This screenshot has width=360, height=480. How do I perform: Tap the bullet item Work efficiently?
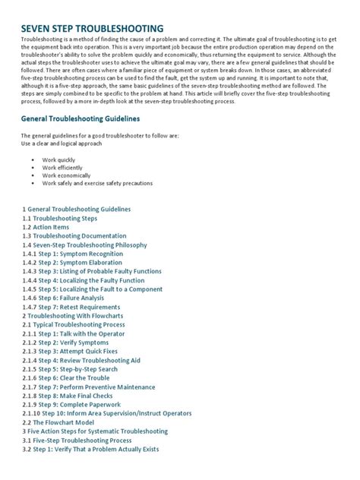click(63, 169)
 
